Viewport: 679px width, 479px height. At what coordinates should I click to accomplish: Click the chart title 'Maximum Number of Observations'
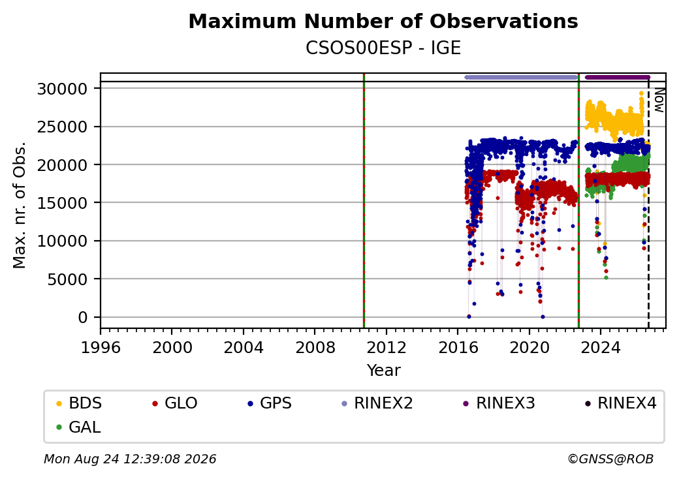click(x=383, y=21)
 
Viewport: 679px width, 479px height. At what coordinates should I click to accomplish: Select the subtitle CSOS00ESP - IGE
click(x=383, y=48)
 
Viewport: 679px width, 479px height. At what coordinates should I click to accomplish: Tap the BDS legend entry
click(x=79, y=403)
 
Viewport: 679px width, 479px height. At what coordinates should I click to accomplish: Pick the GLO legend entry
click(x=175, y=403)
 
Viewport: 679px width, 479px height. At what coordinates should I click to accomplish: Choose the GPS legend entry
click(x=270, y=403)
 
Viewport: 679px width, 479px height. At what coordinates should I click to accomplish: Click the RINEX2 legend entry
click(x=377, y=403)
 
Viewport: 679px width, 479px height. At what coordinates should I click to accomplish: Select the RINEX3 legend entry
click(x=499, y=403)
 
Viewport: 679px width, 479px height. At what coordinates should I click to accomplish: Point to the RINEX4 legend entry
click(x=621, y=403)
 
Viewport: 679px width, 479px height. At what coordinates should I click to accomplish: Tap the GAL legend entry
click(x=78, y=427)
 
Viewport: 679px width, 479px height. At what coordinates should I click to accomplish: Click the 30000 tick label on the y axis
click(x=63, y=89)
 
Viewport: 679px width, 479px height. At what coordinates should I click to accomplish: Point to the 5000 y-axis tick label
click(x=67, y=279)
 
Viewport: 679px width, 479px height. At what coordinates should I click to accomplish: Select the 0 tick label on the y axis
click(x=83, y=318)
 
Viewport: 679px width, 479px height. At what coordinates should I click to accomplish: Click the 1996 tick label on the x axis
click(x=101, y=347)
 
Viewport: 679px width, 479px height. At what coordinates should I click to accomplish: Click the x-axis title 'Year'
click(x=384, y=371)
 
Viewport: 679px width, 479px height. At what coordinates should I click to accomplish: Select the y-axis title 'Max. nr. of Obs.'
click(x=20, y=205)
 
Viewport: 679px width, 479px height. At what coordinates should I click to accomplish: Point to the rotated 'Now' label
click(x=659, y=100)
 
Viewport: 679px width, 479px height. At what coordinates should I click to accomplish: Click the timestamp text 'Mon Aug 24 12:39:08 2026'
click(x=130, y=459)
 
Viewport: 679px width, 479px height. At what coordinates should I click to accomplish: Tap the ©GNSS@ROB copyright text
click(x=610, y=459)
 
